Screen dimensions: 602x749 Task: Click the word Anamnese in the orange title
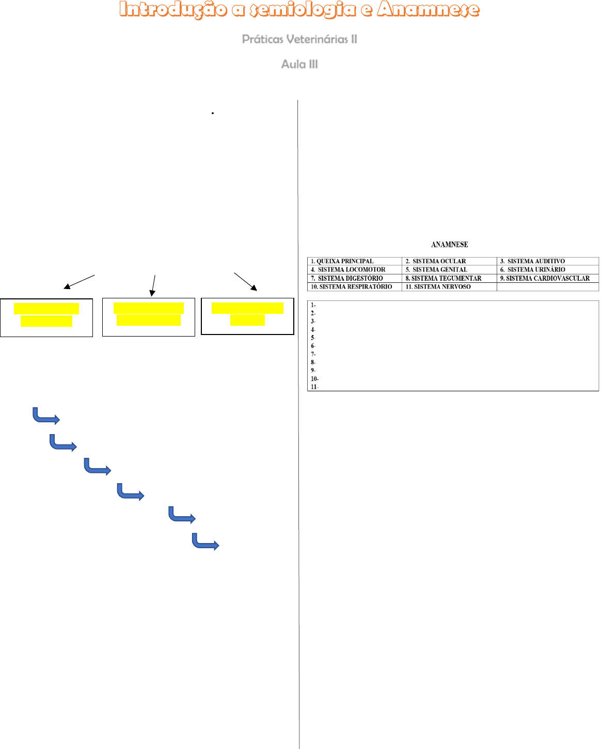pos(428,9)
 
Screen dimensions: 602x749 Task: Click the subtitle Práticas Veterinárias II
pos(299,39)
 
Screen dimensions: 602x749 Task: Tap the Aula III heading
pos(299,65)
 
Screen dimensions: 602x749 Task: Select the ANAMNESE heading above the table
pos(449,245)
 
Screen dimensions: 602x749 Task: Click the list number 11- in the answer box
pos(314,387)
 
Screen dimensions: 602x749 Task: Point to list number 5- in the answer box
pos(313,338)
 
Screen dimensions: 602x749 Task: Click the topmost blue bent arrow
pos(46,416)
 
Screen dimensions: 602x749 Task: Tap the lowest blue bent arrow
pos(205,541)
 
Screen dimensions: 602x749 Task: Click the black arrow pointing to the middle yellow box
pos(153,285)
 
